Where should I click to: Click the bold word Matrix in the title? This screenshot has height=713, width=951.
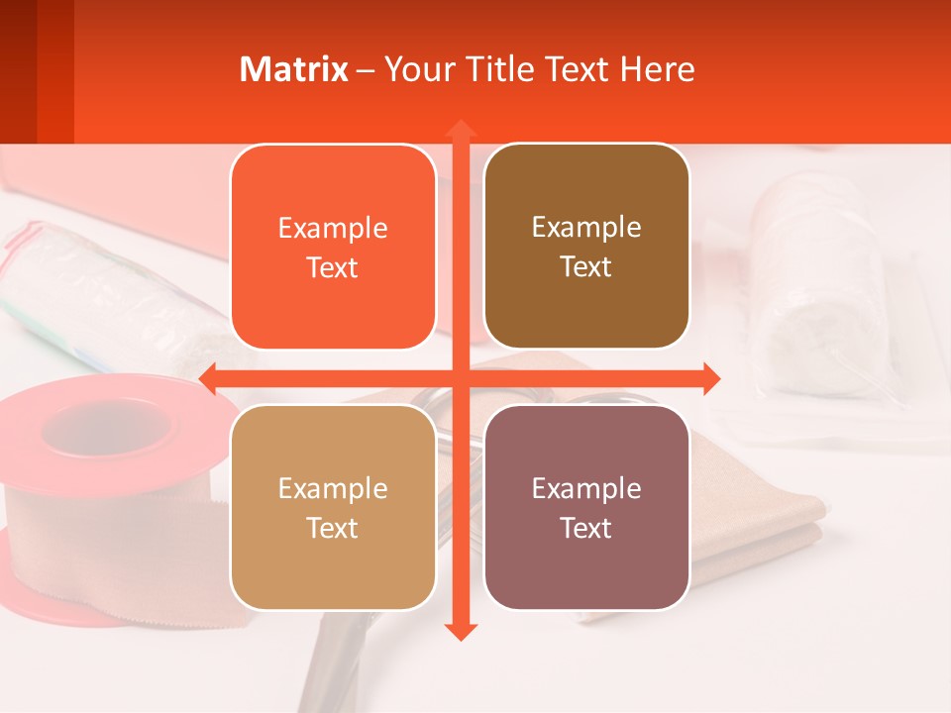294,69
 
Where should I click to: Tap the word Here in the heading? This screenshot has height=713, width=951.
658,69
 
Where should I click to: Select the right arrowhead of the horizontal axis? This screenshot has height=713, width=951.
710,378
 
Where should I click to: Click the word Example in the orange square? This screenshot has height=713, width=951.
333,229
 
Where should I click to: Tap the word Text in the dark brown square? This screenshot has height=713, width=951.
586,267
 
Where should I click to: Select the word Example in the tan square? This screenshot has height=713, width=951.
333,489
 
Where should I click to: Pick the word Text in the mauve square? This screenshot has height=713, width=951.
586,528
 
